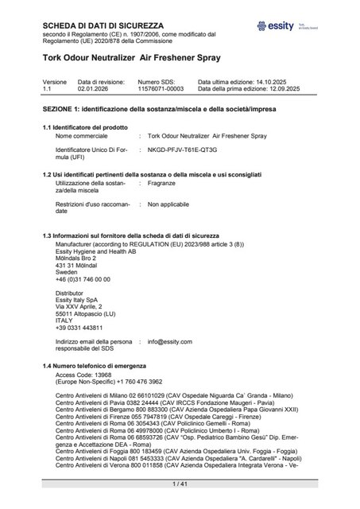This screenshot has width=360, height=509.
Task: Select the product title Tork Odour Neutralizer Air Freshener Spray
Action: click(125, 58)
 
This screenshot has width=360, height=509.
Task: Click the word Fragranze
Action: click(161, 182)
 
